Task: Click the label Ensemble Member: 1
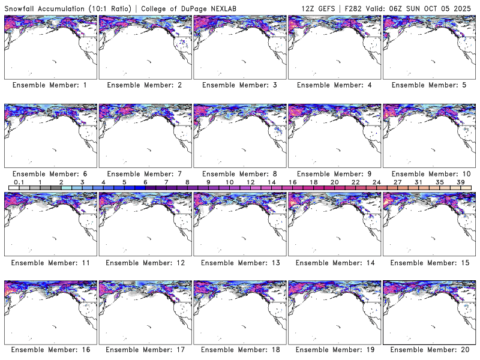pos(49,85)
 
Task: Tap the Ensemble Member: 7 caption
pos(144,174)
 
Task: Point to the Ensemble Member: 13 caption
pos(238,263)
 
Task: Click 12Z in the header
pos(312,8)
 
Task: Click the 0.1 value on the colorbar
pos(19,182)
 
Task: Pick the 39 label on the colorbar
pos(461,182)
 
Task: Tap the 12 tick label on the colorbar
pos(250,182)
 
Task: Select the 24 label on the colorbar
pos(376,182)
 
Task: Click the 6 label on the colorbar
pos(145,182)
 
